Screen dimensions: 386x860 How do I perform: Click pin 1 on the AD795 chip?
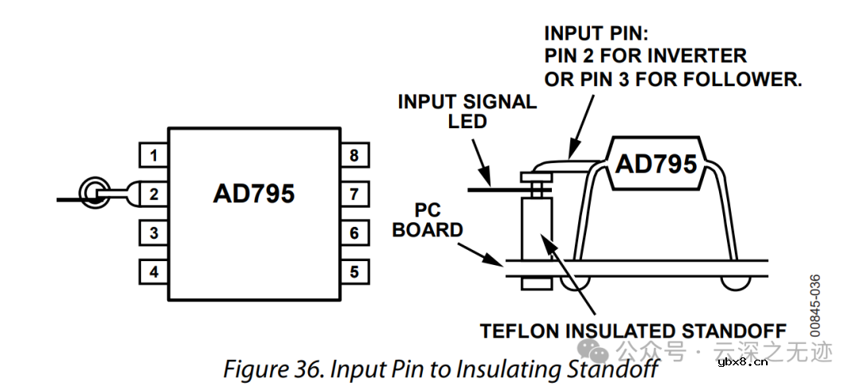coord(154,155)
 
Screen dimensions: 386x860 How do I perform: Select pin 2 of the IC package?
coord(154,193)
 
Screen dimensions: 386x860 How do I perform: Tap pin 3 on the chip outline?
coord(154,233)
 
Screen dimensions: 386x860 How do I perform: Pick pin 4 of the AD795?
coord(154,271)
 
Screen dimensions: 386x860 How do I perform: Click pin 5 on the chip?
coord(354,271)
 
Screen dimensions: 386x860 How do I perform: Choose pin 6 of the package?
coord(354,233)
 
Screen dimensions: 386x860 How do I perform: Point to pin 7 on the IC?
coord(354,193)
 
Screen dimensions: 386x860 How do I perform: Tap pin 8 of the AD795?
coord(354,155)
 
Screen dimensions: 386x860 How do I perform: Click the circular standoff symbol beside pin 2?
coord(95,193)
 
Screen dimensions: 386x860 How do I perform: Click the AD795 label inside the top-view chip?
coord(253,194)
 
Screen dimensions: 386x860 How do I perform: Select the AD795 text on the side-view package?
coord(655,164)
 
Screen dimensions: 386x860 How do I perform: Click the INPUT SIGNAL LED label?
coord(467,111)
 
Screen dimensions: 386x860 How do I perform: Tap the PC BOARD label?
coord(428,221)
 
